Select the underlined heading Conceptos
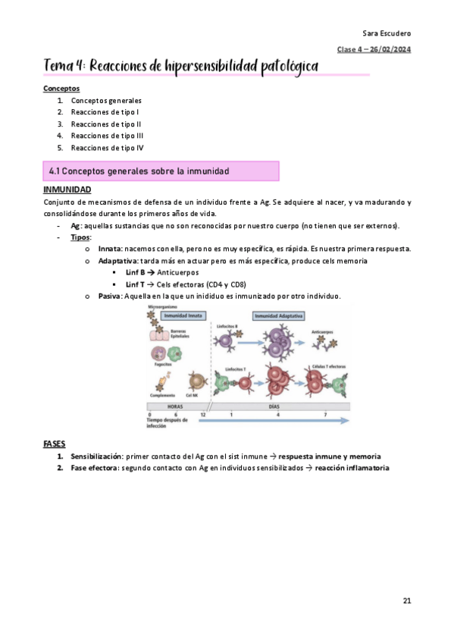click(x=61, y=88)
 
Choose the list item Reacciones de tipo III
click(x=107, y=136)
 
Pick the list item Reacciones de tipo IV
click(x=107, y=148)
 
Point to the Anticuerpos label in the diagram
click(x=325, y=332)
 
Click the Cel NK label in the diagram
click(x=193, y=395)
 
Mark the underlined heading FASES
click(x=55, y=443)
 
